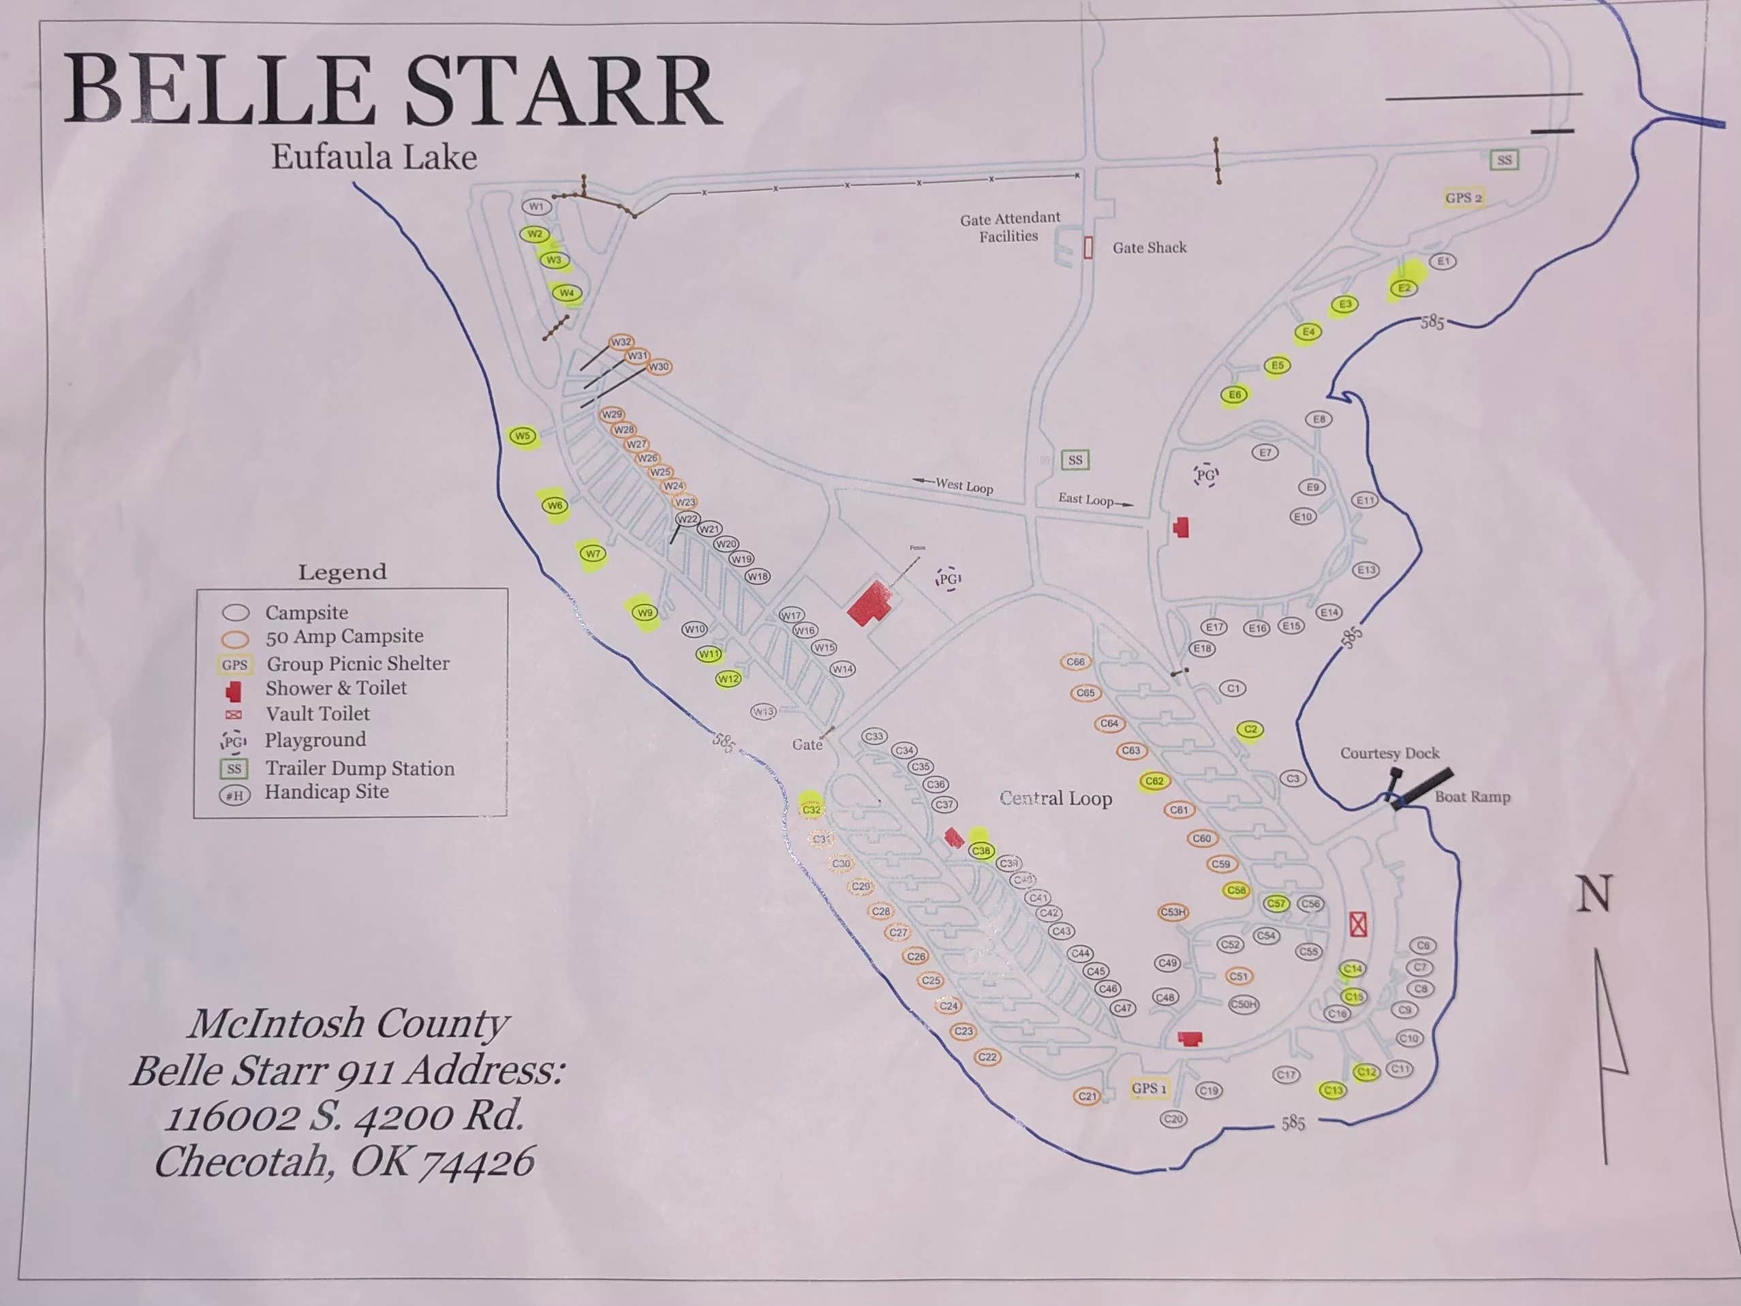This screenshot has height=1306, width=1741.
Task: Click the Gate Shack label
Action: tap(1148, 248)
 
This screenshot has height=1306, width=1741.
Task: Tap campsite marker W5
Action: tap(523, 436)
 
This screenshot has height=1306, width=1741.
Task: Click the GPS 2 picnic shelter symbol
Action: tap(1463, 198)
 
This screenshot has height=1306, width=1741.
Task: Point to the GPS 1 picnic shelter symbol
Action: tap(1148, 1089)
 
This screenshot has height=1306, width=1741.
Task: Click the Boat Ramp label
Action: tap(1472, 797)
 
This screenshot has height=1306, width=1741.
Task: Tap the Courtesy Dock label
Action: tap(1389, 753)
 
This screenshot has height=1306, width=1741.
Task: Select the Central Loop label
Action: tap(1056, 798)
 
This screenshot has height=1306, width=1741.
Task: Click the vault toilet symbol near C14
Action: tap(1357, 924)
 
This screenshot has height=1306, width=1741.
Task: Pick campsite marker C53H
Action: tap(1173, 913)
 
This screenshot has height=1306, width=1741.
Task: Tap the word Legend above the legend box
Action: tap(341, 573)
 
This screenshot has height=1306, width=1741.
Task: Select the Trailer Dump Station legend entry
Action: tap(359, 768)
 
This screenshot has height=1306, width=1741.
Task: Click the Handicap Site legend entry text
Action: tap(326, 792)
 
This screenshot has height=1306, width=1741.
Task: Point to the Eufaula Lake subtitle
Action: tap(374, 157)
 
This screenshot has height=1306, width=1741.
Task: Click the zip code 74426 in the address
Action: tap(477, 1162)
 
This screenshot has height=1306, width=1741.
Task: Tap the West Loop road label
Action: tap(964, 487)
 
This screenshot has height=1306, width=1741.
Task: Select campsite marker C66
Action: tap(1075, 662)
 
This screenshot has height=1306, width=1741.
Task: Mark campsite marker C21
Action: tap(1087, 1096)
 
